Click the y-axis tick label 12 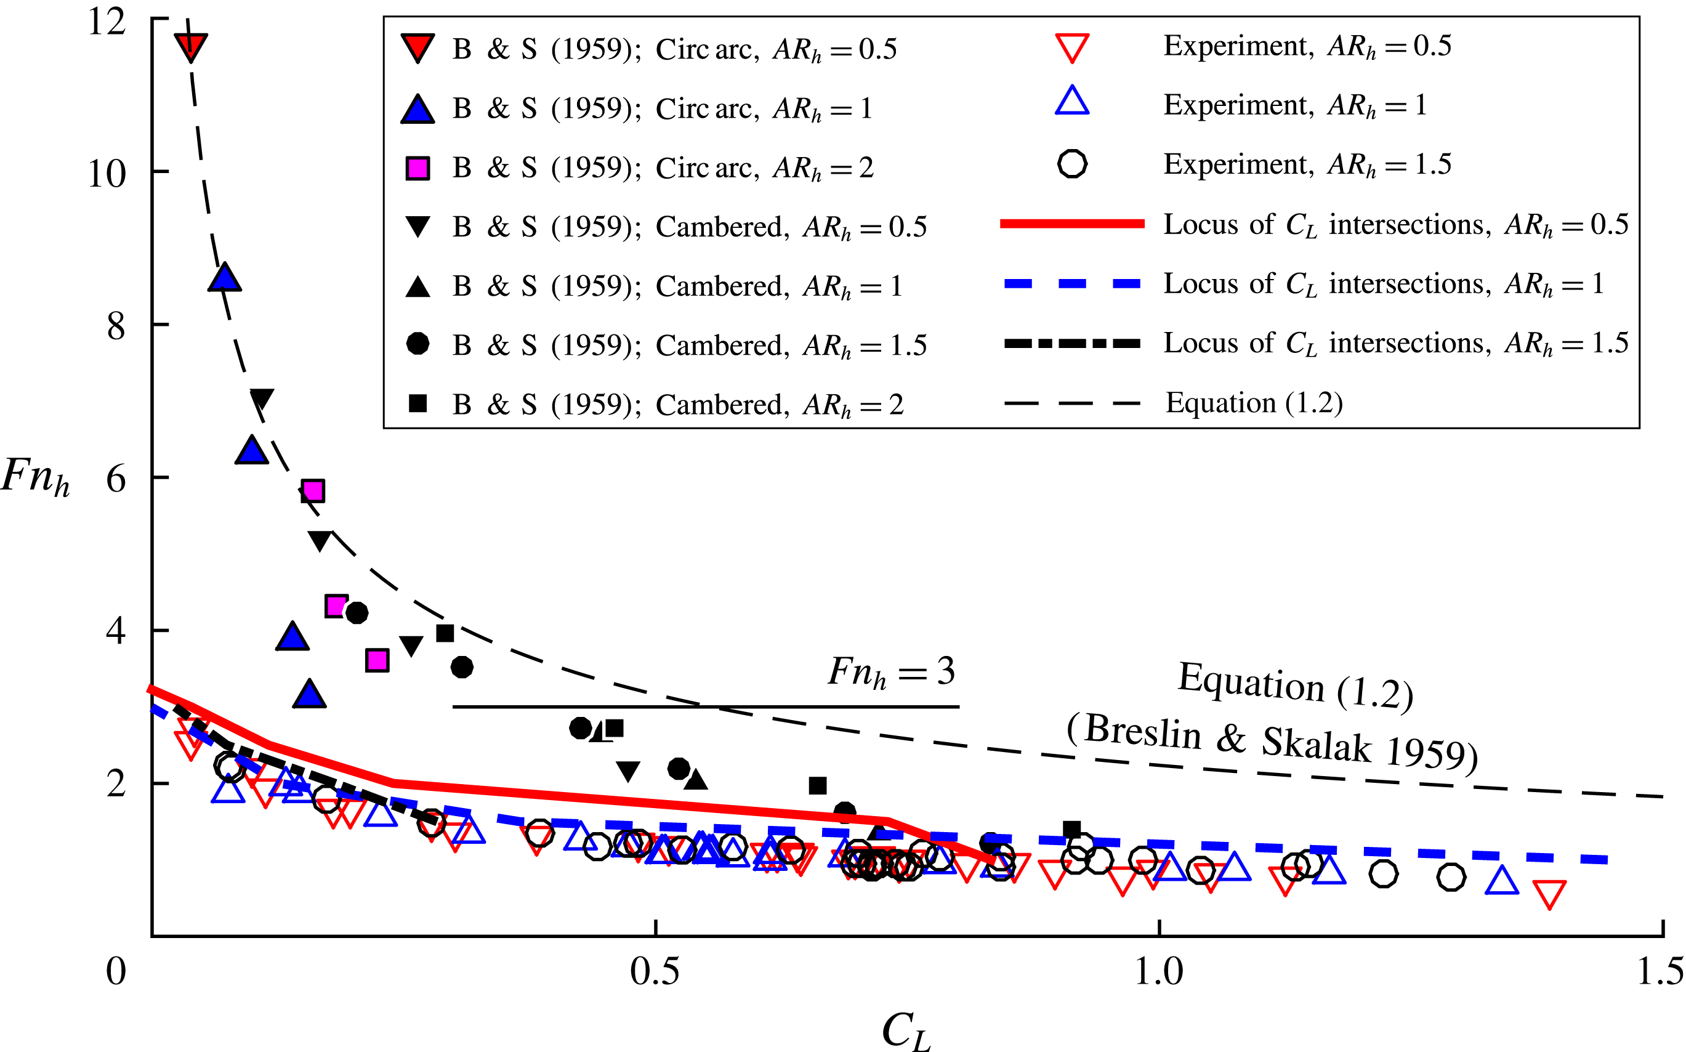[x=107, y=22]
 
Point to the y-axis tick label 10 [x=107, y=174]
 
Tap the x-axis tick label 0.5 [x=655, y=971]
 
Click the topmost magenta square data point [x=313, y=490]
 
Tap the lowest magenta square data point [x=377, y=660]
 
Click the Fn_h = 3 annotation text [x=891, y=672]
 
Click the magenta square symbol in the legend [x=417, y=168]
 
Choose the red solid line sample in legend [x=1072, y=224]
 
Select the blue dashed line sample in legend [x=1072, y=284]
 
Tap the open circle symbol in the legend [x=1072, y=164]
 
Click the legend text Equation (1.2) [x=1254, y=403]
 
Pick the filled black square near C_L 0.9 [x=1072, y=830]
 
